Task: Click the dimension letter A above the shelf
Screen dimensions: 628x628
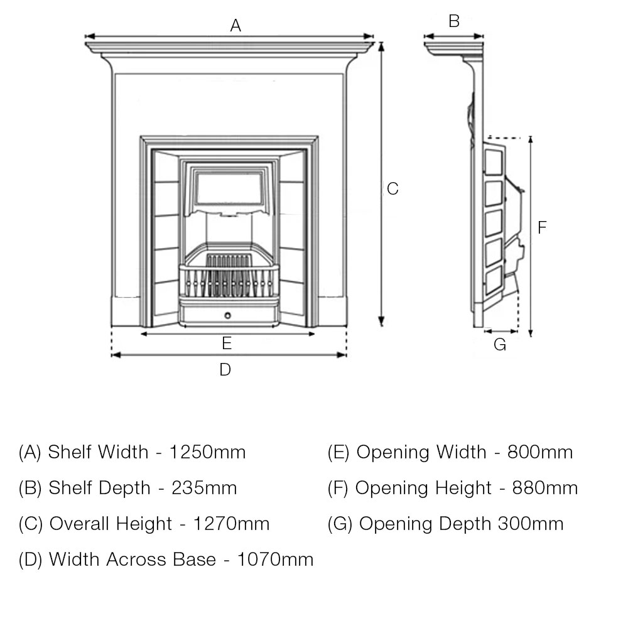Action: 235,26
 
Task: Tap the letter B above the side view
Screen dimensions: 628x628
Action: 454,22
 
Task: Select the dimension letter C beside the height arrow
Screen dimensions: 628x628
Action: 392,188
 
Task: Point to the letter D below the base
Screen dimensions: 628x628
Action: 225,370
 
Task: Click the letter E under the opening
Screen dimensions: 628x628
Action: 227,344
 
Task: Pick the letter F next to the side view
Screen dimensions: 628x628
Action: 543,227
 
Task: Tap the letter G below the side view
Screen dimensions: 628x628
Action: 500,345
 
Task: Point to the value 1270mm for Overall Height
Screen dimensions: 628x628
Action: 232,524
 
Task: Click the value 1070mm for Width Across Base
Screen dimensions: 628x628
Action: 275,560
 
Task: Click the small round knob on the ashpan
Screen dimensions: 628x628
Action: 228,315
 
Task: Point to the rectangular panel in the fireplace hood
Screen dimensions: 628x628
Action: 229,187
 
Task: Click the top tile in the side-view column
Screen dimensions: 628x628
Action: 494,161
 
